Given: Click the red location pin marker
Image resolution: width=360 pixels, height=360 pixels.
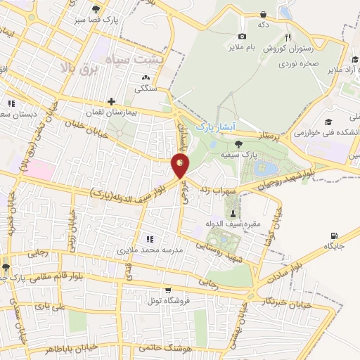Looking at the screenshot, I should click(x=180, y=166).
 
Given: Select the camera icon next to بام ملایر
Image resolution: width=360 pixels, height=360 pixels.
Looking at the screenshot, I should click(x=243, y=36).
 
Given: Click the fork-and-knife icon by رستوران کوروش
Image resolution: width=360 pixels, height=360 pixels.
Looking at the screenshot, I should click(x=287, y=37).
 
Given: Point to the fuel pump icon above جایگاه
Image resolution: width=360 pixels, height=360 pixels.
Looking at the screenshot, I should click(x=333, y=236).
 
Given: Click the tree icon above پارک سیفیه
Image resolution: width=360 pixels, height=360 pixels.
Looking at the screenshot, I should click(x=239, y=143).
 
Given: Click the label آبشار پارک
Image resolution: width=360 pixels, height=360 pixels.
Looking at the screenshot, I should click(x=212, y=125).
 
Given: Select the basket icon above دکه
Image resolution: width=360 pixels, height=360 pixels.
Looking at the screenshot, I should click(x=263, y=14).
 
